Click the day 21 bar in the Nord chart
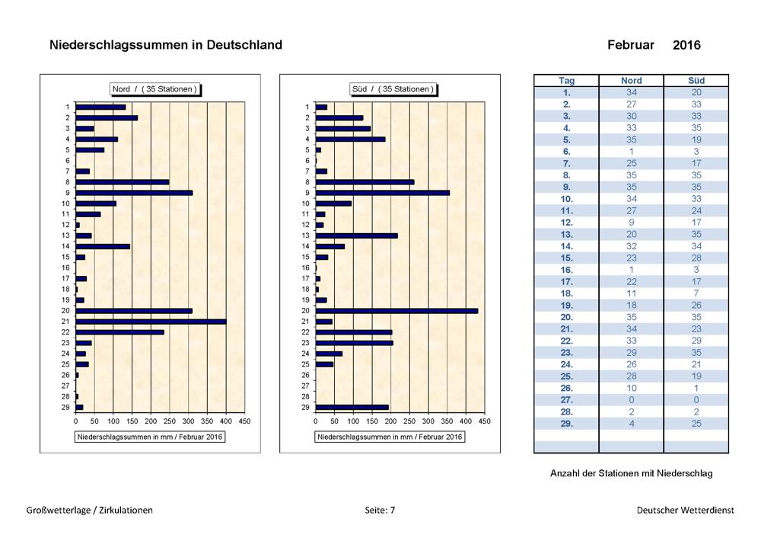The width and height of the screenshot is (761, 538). pyautogui.click(x=151, y=322)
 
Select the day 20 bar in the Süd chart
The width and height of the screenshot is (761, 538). pyautogui.click(x=396, y=311)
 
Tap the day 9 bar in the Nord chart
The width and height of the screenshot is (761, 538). pyautogui.click(x=134, y=193)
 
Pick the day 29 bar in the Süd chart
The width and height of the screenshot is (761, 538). pyautogui.click(x=352, y=407)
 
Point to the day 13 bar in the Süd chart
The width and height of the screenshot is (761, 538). pyautogui.click(x=356, y=235)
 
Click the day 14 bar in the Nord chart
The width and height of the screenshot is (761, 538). pyautogui.click(x=103, y=246)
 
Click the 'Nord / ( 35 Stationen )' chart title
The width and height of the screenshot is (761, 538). pyautogui.click(x=154, y=89)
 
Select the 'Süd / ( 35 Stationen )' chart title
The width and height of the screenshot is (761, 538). pyautogui.click(x=393, y=89)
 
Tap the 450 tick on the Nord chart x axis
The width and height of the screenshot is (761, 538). pyautogui.click(x=244, y=421)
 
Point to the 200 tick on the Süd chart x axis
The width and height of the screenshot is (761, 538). pyautogui.click(x=390, y=421)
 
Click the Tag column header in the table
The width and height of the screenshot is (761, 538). pyautogui.click(x=566, y=81)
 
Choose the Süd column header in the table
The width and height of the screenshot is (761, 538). pyautogui.click(x=696, y=81)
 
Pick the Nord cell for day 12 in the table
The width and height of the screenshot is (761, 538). pyautogui.click(x=631, y=223)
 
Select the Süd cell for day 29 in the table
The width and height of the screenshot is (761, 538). pyautogui.click(x=696, y=424)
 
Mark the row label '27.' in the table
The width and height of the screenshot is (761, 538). pyautogui.click(x=566, y=400)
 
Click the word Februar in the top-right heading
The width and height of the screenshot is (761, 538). pyautogui.click(x=630, y=45)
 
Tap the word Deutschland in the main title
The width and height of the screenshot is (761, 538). pyautogui.click(x=244, y=45)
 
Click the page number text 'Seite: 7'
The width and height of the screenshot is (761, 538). pyautogui.click(x=380, y=510)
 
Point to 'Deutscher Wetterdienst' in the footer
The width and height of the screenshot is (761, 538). pyautogui.click(x=686, y=510)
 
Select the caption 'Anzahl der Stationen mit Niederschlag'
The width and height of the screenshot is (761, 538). pyautogui.click(x=632, y=473)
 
